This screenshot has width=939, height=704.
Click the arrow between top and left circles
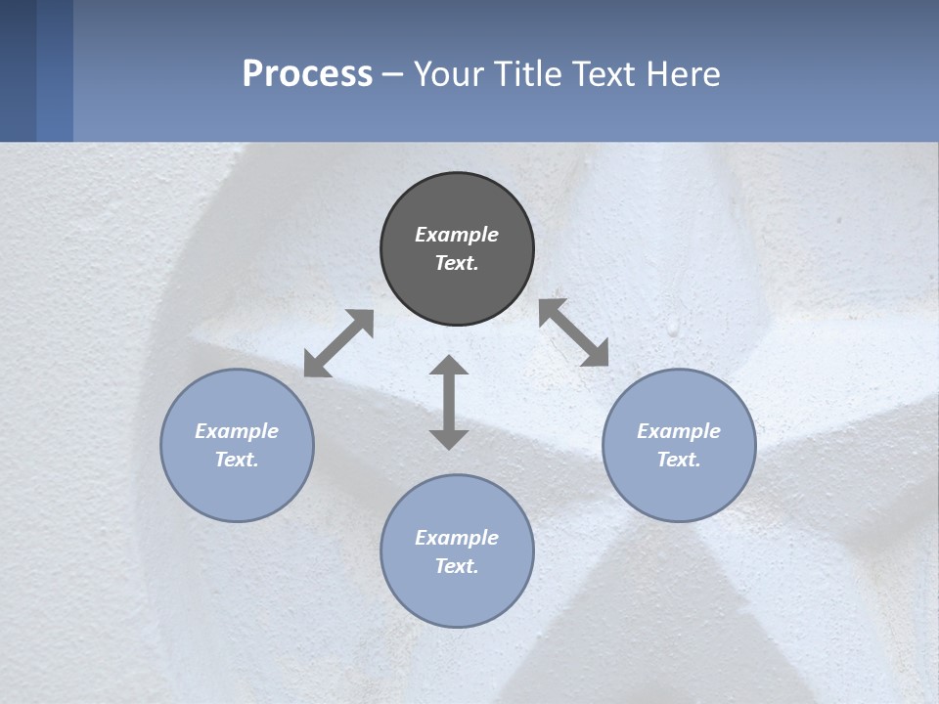click(x=338, y=343)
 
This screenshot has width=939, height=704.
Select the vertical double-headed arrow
click(x=449, y=402)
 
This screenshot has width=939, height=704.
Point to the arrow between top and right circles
click(x=574, y=332)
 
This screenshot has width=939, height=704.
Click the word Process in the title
click(x=307, y=73)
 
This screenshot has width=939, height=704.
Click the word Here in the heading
click(x=684, y=73)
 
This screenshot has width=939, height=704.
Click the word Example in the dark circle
click(x=457, y=235)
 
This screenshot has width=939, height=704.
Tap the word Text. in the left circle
click(x=237, y=460)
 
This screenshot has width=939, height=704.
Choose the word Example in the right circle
click(x=679, y=431)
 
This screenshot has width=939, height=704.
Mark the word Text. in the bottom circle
click(x=457, y=566)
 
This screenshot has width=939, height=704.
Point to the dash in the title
click(x=393, y=74)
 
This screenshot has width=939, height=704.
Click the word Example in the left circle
click(x=237, y=431)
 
